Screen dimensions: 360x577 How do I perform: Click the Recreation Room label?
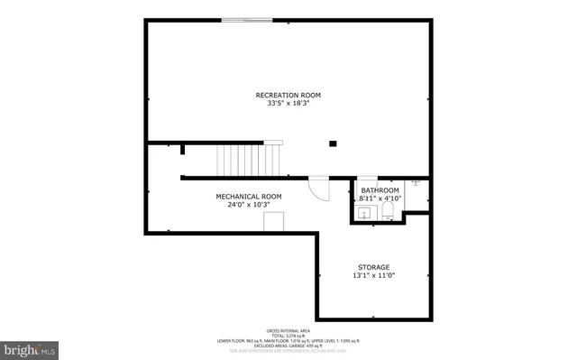pyautogui.click(x=288, y=95)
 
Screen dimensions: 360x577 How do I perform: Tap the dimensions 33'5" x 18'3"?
pyautogui.click(x=288, y=104)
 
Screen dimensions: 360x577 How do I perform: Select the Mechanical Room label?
pyautogui.click(x=248, y=196)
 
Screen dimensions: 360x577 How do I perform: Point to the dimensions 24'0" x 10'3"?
pyautogui.click(x=248, y=205)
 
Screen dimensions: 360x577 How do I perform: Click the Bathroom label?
pyautogui.click(x=380, y=190)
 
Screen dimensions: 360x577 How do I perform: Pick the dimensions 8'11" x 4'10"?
pyautogui.click(x=380, y=199)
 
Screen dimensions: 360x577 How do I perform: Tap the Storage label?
pyautogui.click(x=373, y=267)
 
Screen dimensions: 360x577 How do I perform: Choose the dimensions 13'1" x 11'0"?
pyautogui.click(x=373, y=276)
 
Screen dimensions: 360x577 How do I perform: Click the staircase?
pyautogui.click(x=242, y=160)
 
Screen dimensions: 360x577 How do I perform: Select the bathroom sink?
pyautogui.click(x=362, y=213)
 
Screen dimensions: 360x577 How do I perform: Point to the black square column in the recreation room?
pyautogui.click(x=333, y=143)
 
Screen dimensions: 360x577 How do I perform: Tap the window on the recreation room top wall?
pyautogui.click(x=248, y=19)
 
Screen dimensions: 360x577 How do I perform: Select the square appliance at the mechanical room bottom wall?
pyautogui.click(x=274, y=221)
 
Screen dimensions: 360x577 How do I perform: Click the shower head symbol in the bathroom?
pyautogui.click(x=417, y=183)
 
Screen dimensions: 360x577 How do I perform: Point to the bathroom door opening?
pyautogui.click(x=367, y=178)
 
